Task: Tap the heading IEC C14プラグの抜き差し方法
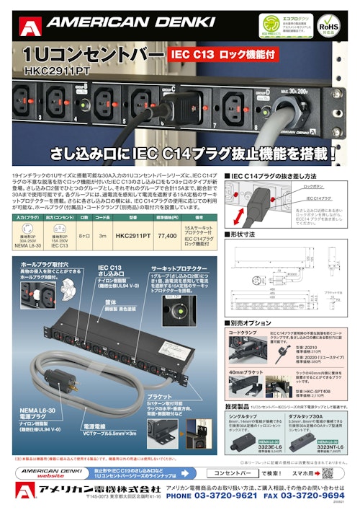click(x=274, y=175)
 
